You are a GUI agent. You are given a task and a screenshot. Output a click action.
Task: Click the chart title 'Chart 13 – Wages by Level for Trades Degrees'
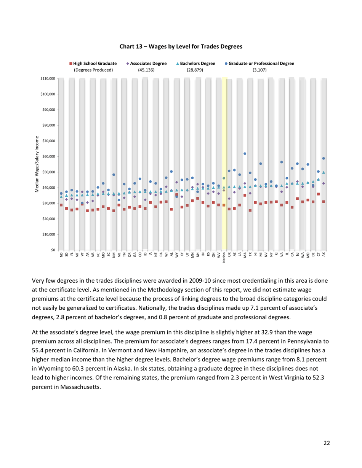[x=181, y=47]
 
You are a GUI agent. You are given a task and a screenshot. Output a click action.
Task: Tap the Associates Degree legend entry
[x=146, y=64]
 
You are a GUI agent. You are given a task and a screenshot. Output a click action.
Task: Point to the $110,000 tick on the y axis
[x=48, y=78]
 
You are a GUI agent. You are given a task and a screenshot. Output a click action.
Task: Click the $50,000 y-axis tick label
[x=48, y=172]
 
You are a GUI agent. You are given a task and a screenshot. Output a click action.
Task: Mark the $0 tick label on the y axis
[x=53, y=250]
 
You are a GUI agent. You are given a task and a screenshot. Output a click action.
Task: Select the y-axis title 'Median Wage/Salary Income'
[x=37, y=164]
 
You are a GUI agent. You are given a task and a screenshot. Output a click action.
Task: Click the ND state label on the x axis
[x=61, y=255]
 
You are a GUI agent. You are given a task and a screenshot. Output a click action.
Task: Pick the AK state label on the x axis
[x=324, y=255]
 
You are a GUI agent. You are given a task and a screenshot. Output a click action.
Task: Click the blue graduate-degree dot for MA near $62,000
[x=245, y=154]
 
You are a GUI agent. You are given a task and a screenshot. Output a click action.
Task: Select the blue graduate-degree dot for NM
[x=114, y=175]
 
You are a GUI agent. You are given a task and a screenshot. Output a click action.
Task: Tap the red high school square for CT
[x=318, y=194]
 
